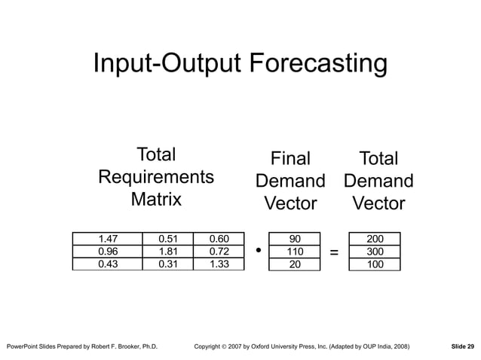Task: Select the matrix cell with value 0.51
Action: pos(169,239)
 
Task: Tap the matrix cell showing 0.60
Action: pos(219,239)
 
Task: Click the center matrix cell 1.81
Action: pos(169,252)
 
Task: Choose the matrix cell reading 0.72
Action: pos(219,252)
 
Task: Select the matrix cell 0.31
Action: pos(169,264)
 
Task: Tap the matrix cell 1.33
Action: pos(219,264)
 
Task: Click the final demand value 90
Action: pos(295,239)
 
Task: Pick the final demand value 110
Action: pos(295,252)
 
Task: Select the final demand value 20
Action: pos(295,264)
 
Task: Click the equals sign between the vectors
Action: pos(334,252)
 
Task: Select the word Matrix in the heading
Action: pos(156,200)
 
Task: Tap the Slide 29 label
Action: pos(462,346)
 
